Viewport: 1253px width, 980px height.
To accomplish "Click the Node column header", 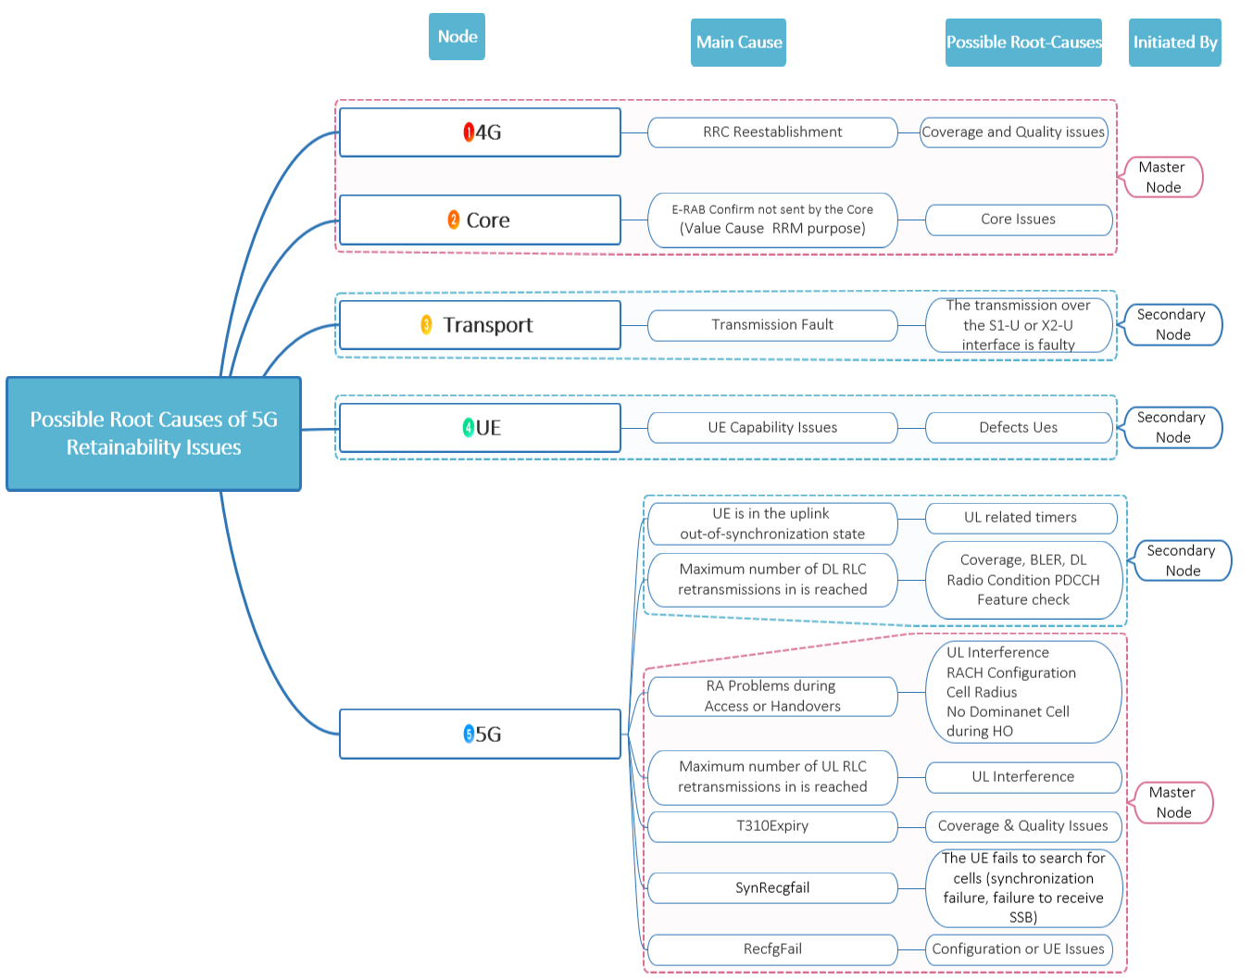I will point(457,37).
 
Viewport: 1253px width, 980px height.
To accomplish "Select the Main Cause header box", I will point(738,43).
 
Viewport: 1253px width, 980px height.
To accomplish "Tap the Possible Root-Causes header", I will point(1023,43).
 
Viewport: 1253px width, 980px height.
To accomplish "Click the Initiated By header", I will point(1174,43).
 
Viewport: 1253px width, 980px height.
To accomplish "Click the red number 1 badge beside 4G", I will point(469,132).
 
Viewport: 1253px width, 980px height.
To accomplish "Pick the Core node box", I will point(480,220).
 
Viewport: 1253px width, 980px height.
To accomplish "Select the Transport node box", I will point(480,325).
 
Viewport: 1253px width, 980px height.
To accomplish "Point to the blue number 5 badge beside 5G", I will point(469,735).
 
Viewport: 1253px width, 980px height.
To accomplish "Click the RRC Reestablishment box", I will point(772,132).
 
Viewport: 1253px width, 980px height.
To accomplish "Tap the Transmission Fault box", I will point(772,325).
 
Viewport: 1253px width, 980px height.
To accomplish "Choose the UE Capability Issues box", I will point(772,428).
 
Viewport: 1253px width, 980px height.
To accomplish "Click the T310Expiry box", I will point(772,826).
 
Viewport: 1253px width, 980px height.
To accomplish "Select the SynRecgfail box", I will point(772,888).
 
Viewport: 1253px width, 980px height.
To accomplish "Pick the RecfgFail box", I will point(772,949).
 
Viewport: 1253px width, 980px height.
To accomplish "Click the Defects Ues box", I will point(1019,428).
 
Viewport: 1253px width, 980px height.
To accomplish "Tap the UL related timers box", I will point(1021,518).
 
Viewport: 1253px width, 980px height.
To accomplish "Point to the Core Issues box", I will point(1019,220).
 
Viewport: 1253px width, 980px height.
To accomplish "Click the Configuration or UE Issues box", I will point(1019,949).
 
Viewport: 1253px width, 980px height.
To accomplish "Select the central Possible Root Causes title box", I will point(154,433).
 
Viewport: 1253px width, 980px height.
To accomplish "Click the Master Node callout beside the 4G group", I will point(1163,177).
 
